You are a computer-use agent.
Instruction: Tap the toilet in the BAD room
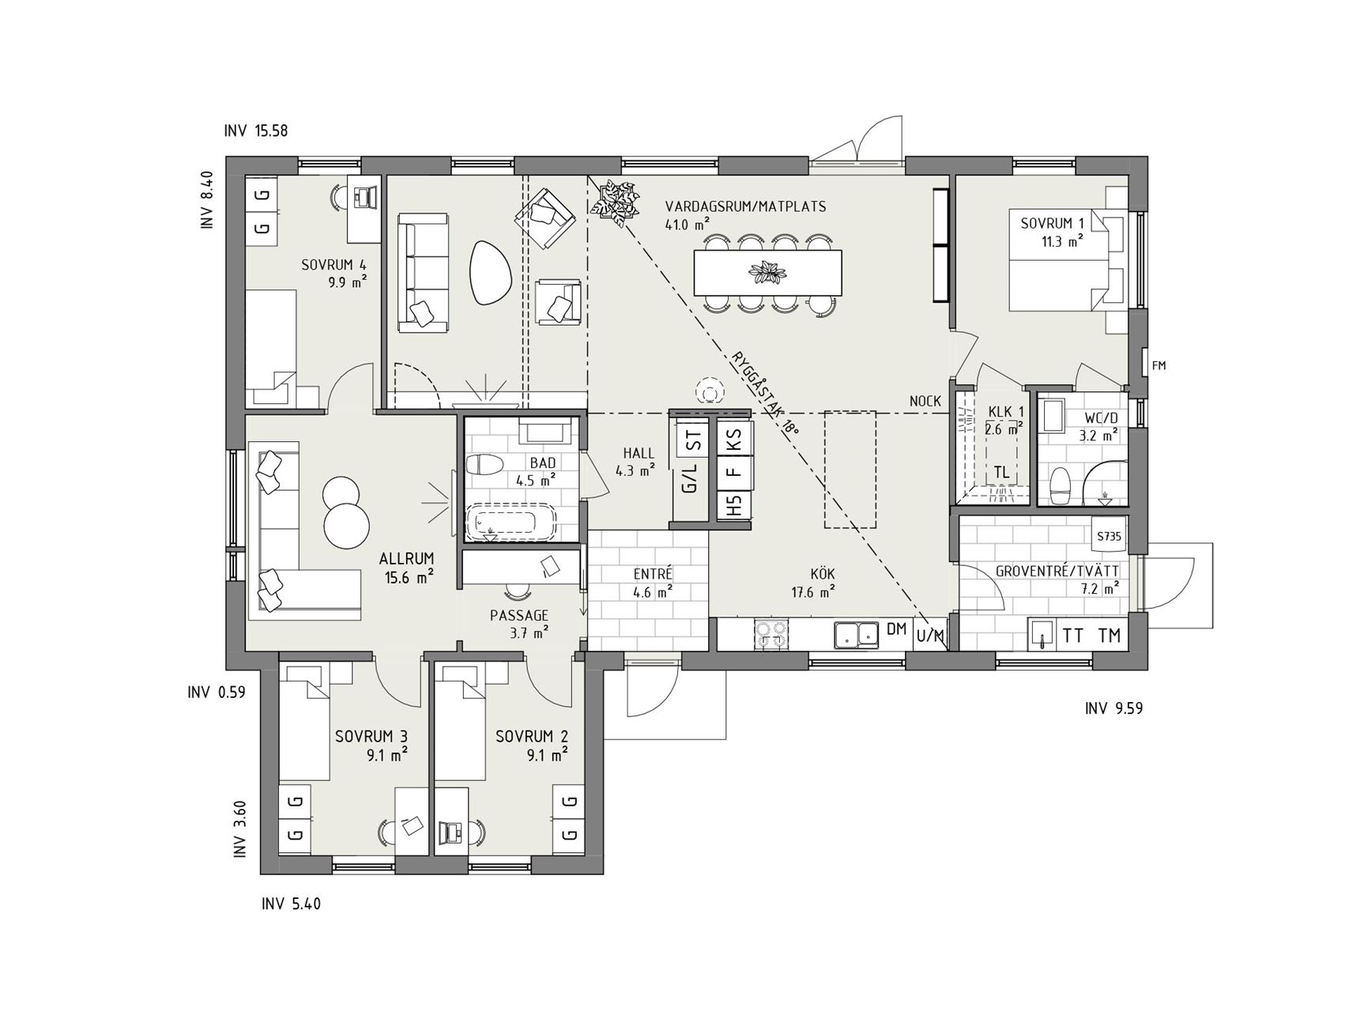(481, 465)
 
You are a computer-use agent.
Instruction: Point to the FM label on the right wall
(1159, 365)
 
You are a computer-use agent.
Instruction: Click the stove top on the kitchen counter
(771, 634)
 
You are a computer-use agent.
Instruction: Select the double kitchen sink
(856, 633)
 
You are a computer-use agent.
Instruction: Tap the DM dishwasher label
(895, 629)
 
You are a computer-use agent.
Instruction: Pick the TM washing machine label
(1110, 635)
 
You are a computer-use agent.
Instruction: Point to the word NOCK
(925, 402)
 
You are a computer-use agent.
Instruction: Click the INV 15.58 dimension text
(256, 131)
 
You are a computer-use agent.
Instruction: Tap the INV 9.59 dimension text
(1113, 708)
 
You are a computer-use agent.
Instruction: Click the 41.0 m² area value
(688, 224)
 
